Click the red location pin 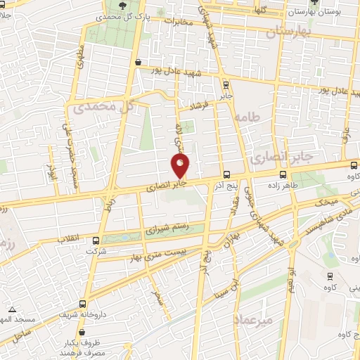click(181, 166)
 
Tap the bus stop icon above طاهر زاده click(283, 174)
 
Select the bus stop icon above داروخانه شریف click(84, 304)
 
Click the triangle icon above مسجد click(11, 309)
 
